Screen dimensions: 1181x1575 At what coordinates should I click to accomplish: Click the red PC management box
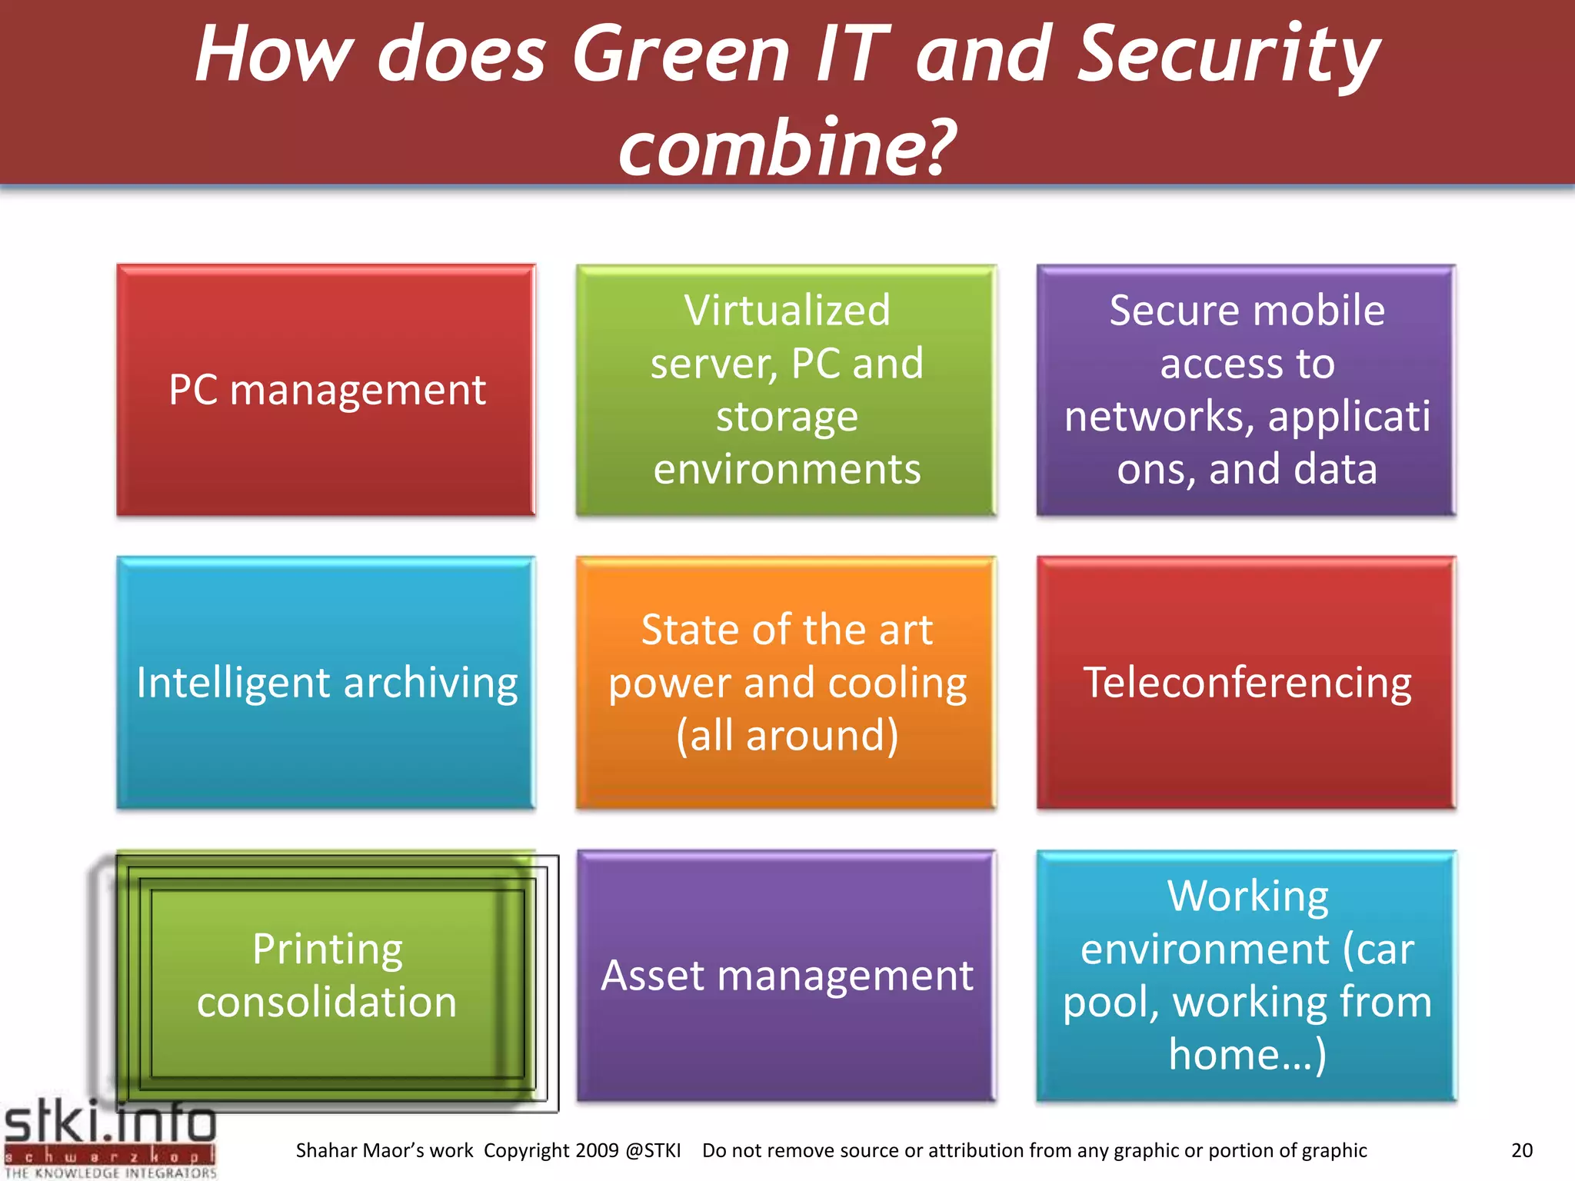tap(326, 390)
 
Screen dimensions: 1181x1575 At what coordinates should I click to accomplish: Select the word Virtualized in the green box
tap(787, 310)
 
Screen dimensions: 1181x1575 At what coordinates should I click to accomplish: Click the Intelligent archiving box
tap(326, 683)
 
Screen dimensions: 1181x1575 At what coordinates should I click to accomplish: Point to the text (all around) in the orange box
tap(787, 735)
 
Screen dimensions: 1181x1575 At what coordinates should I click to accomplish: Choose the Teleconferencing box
tap(1247, 683)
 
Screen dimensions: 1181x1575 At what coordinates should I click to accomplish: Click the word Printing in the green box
tap(327, 950)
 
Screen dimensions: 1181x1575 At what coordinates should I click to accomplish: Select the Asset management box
tap(787, 976)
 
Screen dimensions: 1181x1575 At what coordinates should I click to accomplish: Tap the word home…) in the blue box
tap(1247, 1054)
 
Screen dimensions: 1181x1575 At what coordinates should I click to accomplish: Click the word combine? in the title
tap(787, 146)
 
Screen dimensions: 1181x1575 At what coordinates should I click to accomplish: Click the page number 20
tap(1522, 1150)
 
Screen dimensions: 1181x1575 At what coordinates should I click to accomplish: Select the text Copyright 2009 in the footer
tap(551, 1150)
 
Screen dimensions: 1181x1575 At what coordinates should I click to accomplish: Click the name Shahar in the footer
tap(327, 1150)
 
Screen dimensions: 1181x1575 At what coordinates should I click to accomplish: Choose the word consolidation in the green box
tap(327, 1002)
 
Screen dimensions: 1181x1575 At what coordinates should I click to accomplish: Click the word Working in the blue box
tap(1247, 897)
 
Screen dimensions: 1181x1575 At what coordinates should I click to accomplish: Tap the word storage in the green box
tap(787, 416)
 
